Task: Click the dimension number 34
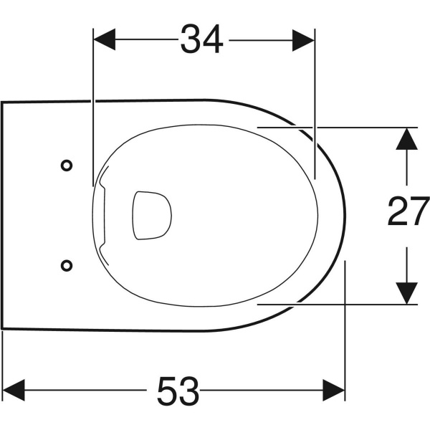[202, 39]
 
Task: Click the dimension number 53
[178, 391]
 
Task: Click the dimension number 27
[408, 211]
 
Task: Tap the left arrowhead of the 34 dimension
[105, 39]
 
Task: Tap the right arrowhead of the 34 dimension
[303, 40]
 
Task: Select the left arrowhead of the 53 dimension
[14, 390]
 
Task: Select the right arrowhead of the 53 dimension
[333, 390]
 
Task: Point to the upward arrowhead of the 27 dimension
[406, 139]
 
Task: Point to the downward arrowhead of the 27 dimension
[406, 293]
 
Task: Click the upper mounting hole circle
[67, 166]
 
